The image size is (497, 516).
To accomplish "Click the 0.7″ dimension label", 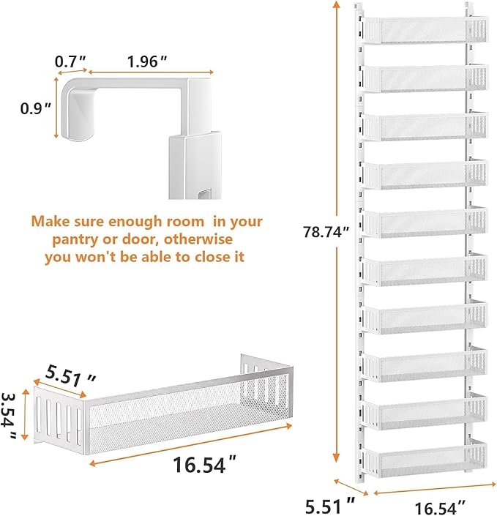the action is (x=70, y=61).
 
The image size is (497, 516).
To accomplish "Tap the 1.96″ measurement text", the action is (x=147, y=61).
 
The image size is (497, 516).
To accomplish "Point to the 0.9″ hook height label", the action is (x=36, y=108).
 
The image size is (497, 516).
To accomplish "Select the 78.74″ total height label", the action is (x=326, y=232).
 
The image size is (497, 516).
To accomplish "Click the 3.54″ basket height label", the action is (x=10, y=415).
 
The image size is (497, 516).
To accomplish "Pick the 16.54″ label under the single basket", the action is (x=204, y=465).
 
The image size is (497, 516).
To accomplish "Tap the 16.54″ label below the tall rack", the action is (x=440, y=507).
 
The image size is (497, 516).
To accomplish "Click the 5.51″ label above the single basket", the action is (x=70, y=376).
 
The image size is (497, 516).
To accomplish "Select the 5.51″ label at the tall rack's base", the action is (x=330, y=506).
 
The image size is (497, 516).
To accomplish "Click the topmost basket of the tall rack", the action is (x=424, y=30).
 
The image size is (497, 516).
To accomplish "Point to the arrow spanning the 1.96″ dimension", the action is (x=151, y=72).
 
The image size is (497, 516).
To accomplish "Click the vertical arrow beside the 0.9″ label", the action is (x=56, y=108).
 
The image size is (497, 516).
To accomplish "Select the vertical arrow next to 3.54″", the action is (x=25, y=414).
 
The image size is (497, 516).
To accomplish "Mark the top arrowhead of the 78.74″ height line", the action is (x=336, y=4).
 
